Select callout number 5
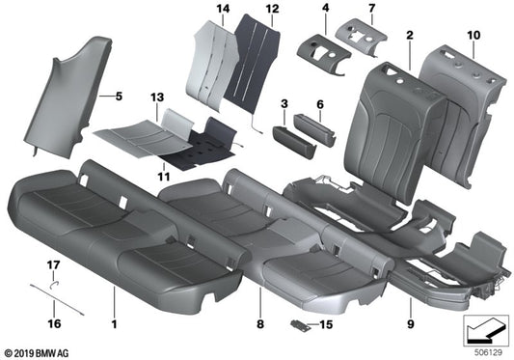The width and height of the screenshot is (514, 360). point(120,97)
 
